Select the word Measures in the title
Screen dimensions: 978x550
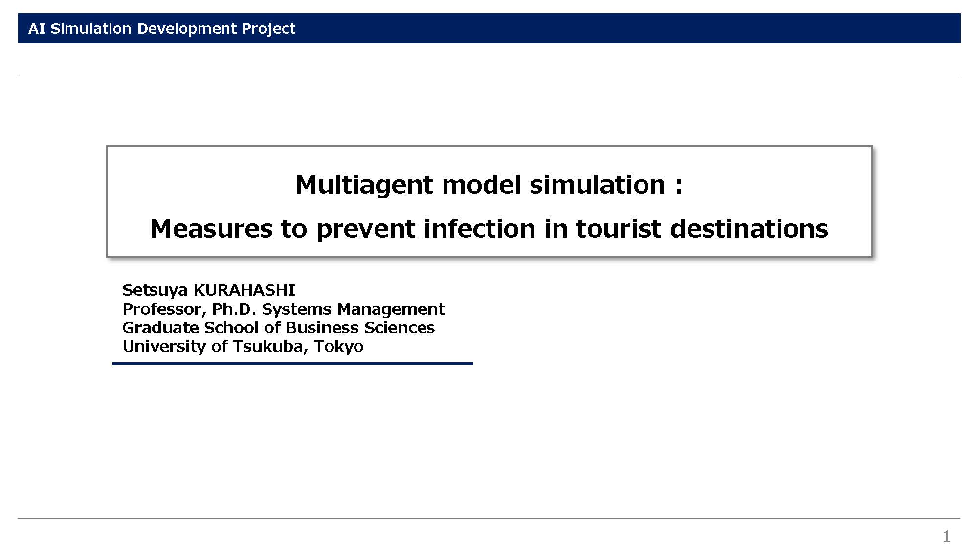click(x=211, y=229)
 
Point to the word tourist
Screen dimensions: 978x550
click(x=619, y=229)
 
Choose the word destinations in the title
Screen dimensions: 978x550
click(x=749, y=229)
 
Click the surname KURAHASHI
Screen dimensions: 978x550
click(x=244, y=290)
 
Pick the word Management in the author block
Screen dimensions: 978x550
click(x=391, y=309)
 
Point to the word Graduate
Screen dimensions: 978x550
click(x=160, y=328)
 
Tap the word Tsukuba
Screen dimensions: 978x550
click(x=270, y=346)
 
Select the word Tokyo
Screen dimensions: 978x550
click(x=338, y=347)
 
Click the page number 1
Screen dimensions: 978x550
click(x=946, y=537)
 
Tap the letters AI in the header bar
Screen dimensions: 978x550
click(x=37, y=28)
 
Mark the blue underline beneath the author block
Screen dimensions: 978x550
click(x=293, y=363)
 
